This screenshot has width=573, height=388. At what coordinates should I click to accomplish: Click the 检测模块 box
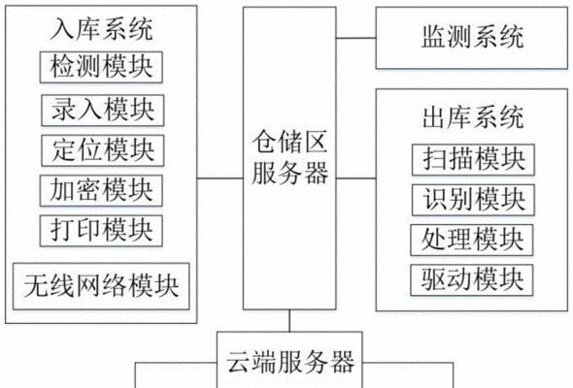click(x=101, y=67)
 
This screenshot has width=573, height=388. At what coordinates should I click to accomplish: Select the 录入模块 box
click(x=103, y=111)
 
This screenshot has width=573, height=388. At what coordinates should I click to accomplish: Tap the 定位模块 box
click(x=103, y=150)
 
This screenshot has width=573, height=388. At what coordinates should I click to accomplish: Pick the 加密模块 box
click(x=101, y=190)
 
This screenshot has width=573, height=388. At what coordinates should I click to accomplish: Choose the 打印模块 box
click(x=101, y=231)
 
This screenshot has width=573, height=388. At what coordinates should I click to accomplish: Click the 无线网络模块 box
click(x=101, y=286)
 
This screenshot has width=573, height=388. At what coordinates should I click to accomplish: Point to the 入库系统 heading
click(x=101, y=29)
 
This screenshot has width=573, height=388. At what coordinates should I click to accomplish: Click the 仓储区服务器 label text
click(x=289, y=158)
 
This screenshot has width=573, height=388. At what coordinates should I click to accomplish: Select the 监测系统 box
click(x=472, y=38)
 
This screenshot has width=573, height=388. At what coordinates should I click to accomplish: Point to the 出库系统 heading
click(x=473, y=117)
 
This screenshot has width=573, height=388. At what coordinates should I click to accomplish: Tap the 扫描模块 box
click(x=473, y=160)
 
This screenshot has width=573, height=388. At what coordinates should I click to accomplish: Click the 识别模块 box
click(x=473, y=200)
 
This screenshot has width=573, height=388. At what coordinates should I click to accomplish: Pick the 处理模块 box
click(x=472, y=240)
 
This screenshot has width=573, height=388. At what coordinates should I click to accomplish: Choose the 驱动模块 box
click(x=472, y=280)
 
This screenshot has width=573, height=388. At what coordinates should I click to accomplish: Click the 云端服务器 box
click(x=289, y=360)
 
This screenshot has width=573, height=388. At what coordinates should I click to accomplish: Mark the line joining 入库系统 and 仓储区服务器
click(x=220, y=178)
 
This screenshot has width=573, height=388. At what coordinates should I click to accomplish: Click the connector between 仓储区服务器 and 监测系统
click(x=356, y=38)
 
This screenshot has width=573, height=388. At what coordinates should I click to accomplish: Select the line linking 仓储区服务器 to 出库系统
click(x=356, y=178)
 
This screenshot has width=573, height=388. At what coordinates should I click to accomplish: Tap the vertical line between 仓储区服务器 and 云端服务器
click(x=289, y=321)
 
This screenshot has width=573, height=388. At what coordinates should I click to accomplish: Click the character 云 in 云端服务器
click(x=238, y=362)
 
